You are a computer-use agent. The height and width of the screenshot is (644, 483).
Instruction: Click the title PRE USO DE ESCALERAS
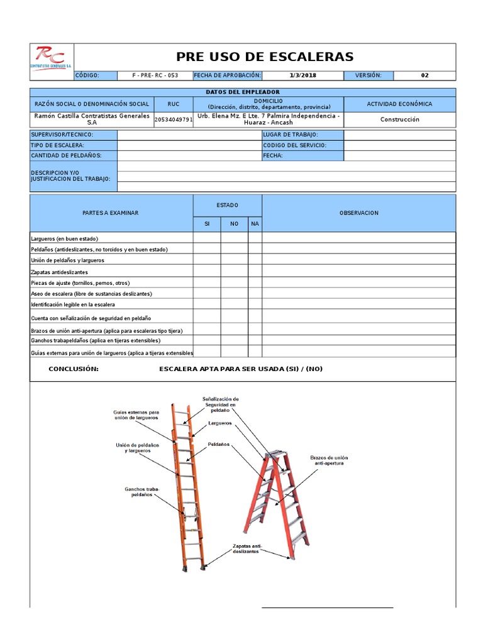tap(264, 57)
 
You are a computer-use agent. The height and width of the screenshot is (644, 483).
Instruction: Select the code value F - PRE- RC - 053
tap(155, 75)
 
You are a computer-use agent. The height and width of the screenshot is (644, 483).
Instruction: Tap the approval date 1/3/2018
tap(303, 75)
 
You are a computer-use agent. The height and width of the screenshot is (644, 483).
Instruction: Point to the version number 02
tap(425, 75)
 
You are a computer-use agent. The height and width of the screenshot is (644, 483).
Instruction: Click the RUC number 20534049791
tap(174, 119)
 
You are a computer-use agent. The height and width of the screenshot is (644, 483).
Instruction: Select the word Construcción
tap(399, 119)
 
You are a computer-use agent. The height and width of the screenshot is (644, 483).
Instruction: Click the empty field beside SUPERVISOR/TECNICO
tap(189, 135)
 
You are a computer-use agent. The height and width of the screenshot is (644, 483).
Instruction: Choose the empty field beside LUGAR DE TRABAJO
tap(399, 135)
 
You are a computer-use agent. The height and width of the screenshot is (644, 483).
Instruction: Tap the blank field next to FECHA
tap(399, 155)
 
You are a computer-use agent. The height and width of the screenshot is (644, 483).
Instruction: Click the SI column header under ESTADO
tap(206, 224)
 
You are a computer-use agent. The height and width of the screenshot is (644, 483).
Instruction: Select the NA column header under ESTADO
tap(255, 224)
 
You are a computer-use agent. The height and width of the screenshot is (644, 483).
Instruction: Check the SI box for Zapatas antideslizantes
tap(206, 272)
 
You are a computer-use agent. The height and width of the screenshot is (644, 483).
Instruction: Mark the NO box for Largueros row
tap(234, 238)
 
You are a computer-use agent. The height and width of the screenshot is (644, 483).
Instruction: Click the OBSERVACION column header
tap(358, 213)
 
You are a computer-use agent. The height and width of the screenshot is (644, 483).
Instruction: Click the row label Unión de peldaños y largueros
tap(67, 260)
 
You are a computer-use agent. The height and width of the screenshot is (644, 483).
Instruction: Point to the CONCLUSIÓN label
tap(74, 369)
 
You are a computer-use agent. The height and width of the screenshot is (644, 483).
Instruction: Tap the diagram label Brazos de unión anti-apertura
tap(328, 460)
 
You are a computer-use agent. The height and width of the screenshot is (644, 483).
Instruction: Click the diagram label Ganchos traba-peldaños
tap(142, 492)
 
